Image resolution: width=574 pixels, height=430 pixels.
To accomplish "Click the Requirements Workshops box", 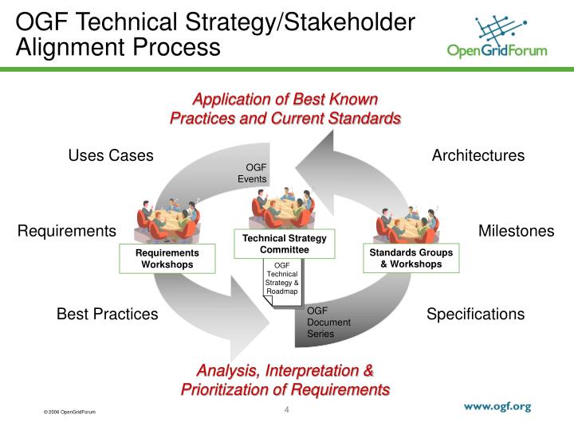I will [x=167, y=259].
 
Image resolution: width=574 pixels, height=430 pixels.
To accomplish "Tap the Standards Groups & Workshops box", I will [x=411, y=258].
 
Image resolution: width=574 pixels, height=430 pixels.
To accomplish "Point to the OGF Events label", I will [x=255, y=173].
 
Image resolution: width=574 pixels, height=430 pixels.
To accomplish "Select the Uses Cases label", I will [x=111, y=155].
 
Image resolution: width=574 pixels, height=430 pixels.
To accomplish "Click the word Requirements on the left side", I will [x=67, y=231].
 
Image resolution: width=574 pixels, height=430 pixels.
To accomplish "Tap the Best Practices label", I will [x=107, y=314].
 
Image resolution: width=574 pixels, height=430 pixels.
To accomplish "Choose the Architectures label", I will [x=478, y=155].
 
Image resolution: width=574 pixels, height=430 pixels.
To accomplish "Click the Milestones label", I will [x=516, y=231].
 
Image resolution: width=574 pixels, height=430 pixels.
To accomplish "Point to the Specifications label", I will [x=475, y=314].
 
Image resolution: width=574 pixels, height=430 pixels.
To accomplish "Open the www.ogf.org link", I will [x=497, y=406].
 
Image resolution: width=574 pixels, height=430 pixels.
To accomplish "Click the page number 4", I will [x=286, y=410].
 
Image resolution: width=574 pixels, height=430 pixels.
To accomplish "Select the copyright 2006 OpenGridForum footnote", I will [x=70, y=412].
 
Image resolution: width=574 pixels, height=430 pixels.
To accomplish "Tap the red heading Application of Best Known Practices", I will [x=285, y=109].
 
